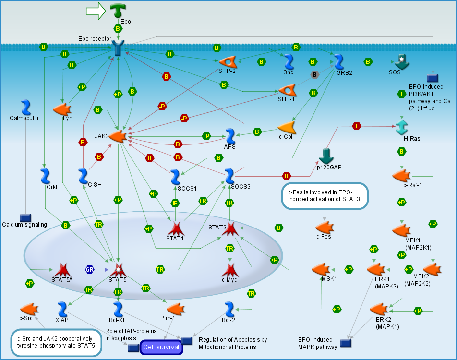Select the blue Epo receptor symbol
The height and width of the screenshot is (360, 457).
(x=119, y=48)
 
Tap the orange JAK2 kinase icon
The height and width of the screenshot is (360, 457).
(x=117, y=137)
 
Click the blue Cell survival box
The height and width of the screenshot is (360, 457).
(x=161, y=347)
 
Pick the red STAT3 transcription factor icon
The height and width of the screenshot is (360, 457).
(x=230, y=228)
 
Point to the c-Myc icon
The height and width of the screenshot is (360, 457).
(x=230, y=270)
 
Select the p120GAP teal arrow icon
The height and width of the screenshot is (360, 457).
(x=326, y=156)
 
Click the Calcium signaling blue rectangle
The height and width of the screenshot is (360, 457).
(x=25, y=218)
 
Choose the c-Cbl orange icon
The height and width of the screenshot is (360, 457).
(x=287, y=127)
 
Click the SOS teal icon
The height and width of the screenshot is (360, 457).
(x=401, y=62)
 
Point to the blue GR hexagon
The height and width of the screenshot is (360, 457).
(x=89, y=269)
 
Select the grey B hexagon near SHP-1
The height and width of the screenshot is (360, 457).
(x=315, y=74)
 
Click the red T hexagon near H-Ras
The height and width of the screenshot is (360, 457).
(x=356, y=126)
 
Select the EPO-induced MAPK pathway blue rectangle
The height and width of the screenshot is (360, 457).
(x=345, y=343)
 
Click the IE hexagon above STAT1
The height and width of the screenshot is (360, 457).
(x=176, y=203)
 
